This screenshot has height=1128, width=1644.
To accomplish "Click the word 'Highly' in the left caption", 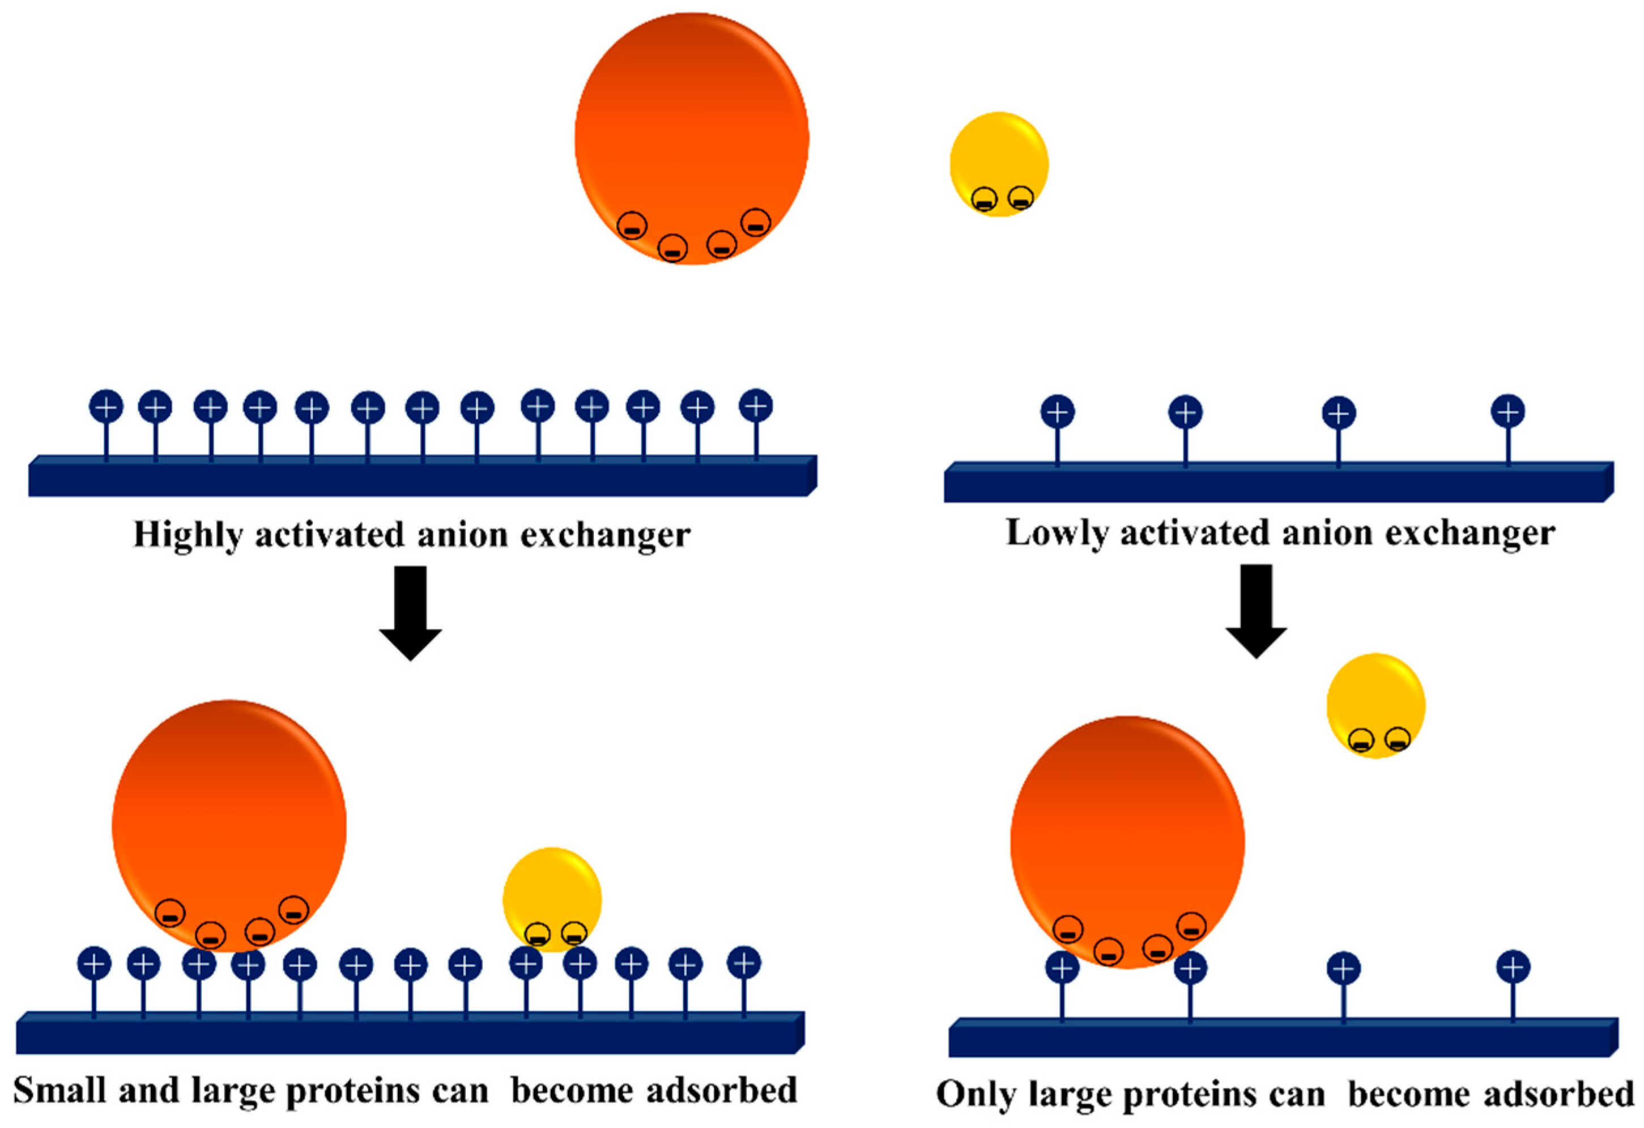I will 188,536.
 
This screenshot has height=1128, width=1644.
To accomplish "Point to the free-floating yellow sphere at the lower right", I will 1375,701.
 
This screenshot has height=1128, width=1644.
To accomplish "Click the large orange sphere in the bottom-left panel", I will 228,821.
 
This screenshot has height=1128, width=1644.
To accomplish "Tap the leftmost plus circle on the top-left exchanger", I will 106,407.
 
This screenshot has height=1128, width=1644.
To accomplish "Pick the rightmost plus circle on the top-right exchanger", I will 1507,411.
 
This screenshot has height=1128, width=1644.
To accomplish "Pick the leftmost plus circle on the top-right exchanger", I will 1058,412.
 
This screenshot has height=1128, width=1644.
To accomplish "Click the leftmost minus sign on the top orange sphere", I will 632,226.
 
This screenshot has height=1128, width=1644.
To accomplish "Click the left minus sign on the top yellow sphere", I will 984,200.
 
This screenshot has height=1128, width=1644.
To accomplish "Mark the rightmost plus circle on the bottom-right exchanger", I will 1513,968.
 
